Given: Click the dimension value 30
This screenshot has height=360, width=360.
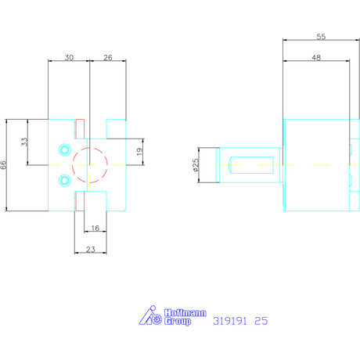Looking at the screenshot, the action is pyautogui.click(x=69, y=58).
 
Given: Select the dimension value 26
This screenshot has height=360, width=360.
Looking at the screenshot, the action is pyautogui.click(x=108, y=58).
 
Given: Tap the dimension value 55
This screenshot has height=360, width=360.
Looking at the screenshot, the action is pyautogui.click(x=321, y=37).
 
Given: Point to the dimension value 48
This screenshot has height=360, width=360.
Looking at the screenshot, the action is pyautogui.click(x=316, y=58).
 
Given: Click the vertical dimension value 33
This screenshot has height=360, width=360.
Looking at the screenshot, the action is pyautogui.click(x=24, y=142).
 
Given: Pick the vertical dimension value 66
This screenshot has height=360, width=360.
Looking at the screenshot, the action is pyautogui.click(x=3, y=165).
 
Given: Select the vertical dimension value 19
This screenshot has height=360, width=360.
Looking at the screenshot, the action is pyautogui.click(x=139, y=152).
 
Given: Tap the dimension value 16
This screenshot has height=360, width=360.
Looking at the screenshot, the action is pyautogui.click(x=95, y=228).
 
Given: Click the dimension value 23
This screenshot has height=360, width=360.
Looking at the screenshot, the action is pyautogui.click(x=91, y=250).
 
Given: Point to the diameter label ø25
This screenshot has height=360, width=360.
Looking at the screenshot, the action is pyautogui.click(x=196, y=165).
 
